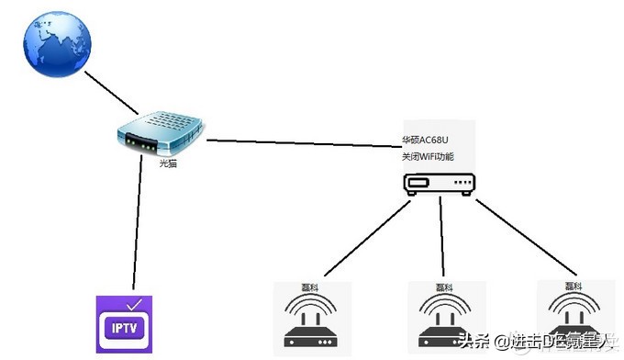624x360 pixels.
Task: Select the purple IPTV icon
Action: coord(125,323)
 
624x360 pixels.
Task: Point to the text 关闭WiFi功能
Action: coord(433,158)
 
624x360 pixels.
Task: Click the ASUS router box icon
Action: coord(440,184)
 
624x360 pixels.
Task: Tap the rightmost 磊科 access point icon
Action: coord(573,317)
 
